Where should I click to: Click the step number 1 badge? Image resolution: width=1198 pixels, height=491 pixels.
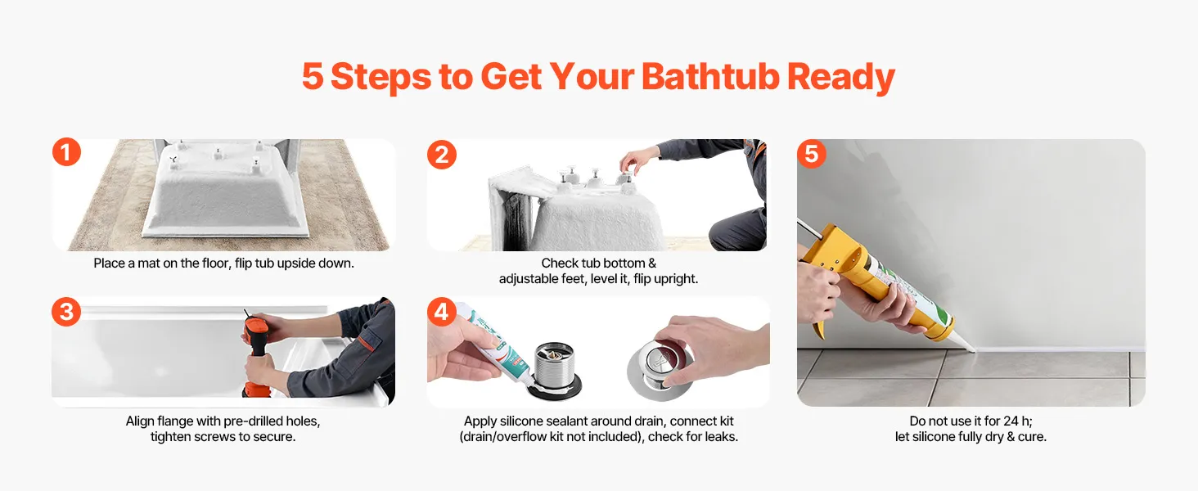66,152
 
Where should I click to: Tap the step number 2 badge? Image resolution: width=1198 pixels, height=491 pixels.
442,155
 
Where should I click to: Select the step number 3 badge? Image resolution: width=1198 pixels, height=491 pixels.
66,312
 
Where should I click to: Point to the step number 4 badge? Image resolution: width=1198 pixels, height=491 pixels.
442,311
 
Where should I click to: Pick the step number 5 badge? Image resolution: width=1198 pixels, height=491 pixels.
811,154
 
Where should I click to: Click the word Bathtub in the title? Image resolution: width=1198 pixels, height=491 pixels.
709,76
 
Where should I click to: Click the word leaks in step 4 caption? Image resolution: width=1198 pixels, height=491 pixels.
720,437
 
